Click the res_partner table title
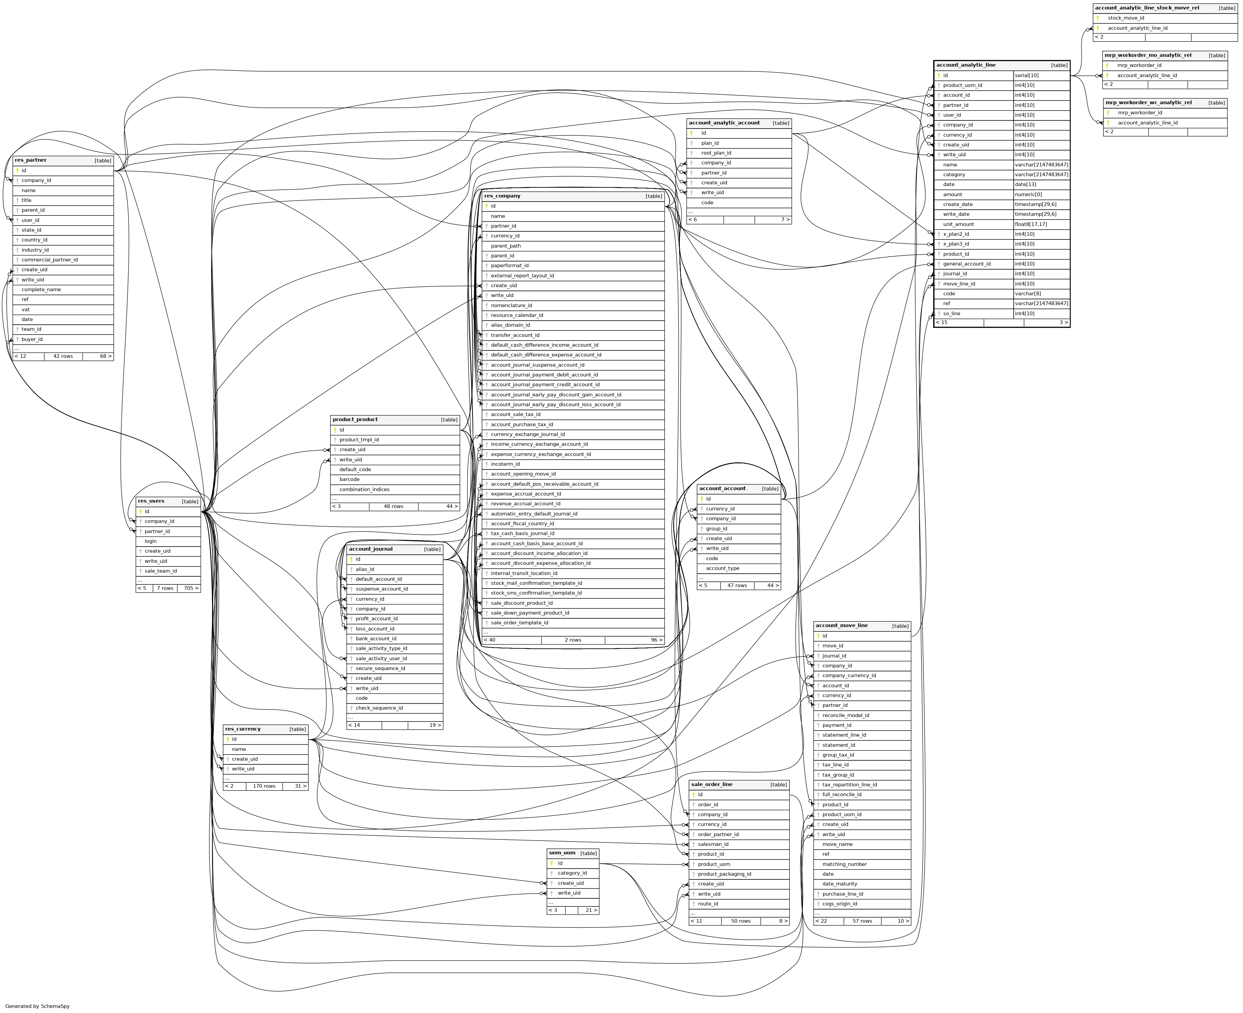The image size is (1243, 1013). [31, 160]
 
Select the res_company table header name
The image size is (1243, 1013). [502, 196]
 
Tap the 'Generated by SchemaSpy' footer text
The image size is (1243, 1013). [37, 1006]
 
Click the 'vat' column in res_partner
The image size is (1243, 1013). [26, 309]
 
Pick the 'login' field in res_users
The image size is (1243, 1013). [151, 541]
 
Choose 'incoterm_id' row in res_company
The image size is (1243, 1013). [505, 464]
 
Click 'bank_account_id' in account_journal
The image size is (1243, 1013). [376, 638]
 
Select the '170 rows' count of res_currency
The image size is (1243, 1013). [264, 786]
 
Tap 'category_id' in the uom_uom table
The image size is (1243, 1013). [572, 873]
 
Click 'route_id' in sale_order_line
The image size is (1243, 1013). [708, 904]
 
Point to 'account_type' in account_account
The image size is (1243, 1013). [722, 568]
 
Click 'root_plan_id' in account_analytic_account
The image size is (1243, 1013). [716, 153]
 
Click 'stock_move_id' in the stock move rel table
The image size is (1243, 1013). [1126, 18]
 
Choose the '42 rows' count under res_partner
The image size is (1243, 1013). [63, 356]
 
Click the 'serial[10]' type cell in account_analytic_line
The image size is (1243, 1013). [1027, 75]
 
